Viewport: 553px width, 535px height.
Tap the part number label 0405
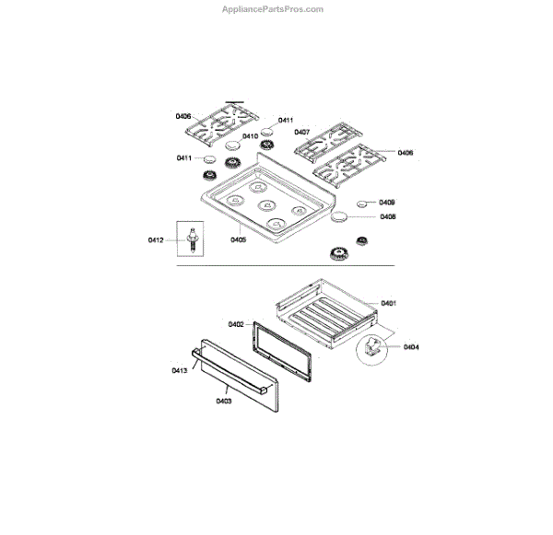pos(238,240)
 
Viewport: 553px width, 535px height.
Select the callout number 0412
pos(155,240)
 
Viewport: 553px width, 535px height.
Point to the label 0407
pos(301,131)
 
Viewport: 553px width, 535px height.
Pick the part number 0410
pos(250,136)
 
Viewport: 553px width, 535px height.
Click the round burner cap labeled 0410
pos(231,145)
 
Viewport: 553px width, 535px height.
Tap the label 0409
pos(387,202)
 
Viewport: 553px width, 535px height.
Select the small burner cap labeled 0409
pos(364,203)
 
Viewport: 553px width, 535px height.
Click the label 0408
pos(387,217)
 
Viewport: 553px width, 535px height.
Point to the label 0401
pos(388,303)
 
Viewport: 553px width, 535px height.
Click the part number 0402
pos(235,324)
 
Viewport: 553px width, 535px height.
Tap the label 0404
pos(410,347)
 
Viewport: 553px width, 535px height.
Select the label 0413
pos(179,370)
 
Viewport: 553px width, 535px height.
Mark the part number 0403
pos(224,401)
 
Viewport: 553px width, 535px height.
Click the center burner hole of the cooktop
pos(265,205)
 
